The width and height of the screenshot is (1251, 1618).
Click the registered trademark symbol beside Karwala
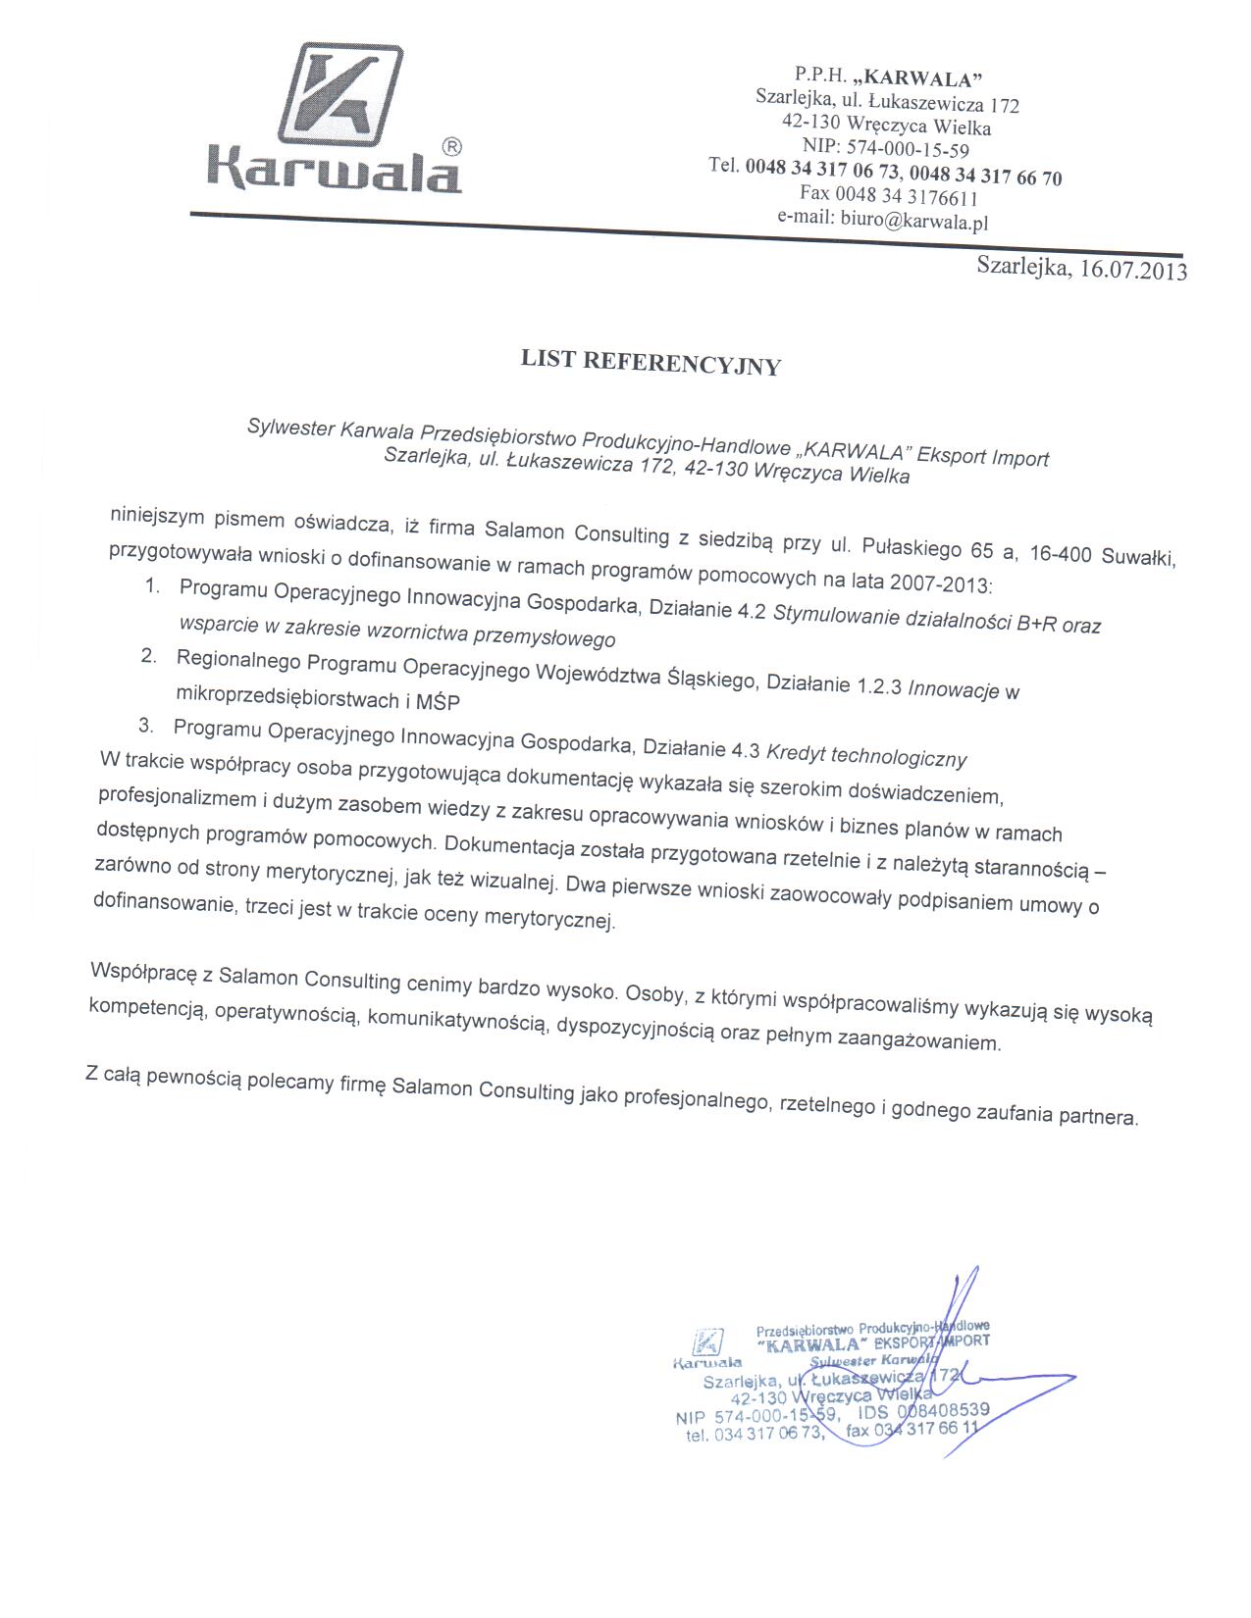(452, 147)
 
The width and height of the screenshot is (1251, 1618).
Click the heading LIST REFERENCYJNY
(651, 363)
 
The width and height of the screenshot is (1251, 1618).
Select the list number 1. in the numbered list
(152, 586)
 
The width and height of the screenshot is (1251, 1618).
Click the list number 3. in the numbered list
(146, 727)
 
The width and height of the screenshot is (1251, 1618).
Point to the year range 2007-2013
(941, 583)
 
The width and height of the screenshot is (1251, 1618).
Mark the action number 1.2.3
(879, 685)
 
